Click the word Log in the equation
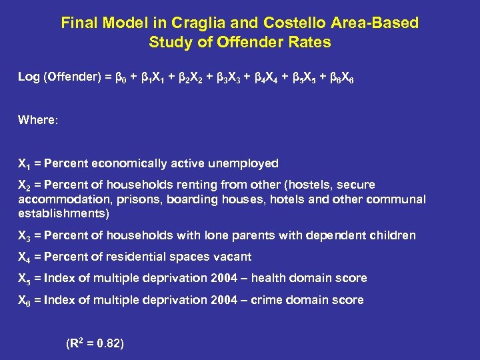coord(29,77)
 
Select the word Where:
coord(38,121)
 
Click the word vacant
coord(230,257)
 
